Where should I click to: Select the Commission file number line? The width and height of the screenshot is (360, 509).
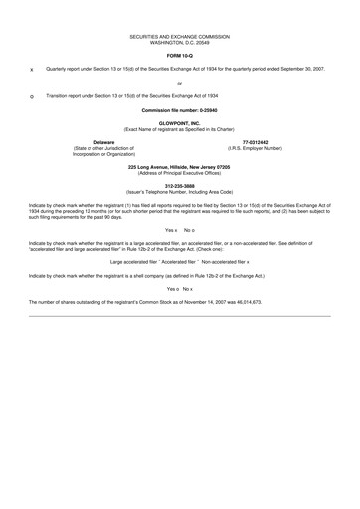click(x=179, y=108)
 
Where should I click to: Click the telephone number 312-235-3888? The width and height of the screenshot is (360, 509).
click(x=179, y=185)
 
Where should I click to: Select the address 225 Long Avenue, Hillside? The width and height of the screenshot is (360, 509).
click(x=179, y=164)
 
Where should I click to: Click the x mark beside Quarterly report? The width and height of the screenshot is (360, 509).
click(x=32, y=70)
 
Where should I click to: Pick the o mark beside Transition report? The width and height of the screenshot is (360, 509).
click(x=32, y=96)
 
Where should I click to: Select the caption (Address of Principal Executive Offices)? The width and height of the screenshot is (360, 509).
click(x=179, y=170)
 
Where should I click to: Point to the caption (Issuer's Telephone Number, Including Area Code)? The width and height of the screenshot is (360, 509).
click(x=179, y=191)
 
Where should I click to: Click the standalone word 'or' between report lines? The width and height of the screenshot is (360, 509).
click(x=179, y=83)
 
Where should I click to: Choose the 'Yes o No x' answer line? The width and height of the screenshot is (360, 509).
click(x=179, y=287)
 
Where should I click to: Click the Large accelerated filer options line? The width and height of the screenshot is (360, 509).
click(x=179, y=261)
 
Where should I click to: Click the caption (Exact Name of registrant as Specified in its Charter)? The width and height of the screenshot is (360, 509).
click(x=179, y=129)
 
